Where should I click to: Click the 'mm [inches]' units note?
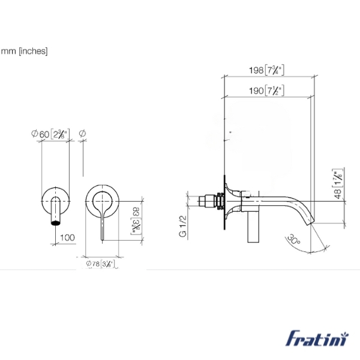[24, 51]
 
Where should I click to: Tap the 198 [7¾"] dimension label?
[266, 70]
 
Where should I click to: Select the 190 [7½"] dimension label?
[266, 91]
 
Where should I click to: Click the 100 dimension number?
[67, 238]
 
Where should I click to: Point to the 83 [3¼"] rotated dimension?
[136, 219]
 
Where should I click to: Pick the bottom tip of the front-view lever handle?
[103, 239]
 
